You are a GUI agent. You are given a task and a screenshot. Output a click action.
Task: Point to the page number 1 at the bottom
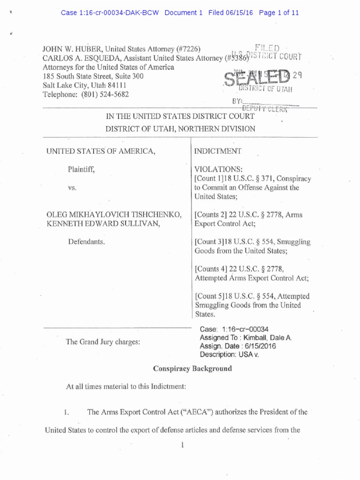coord(180,446)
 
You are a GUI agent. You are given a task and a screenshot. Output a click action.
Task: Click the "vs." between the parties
coord(73,187)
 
